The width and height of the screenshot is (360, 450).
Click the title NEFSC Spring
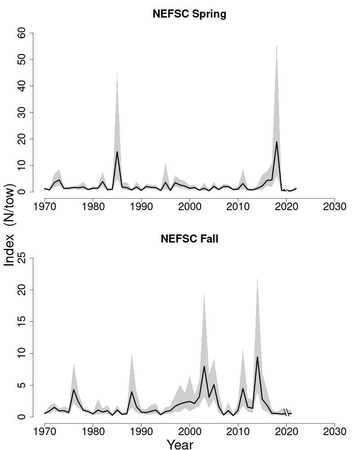coord(189,14)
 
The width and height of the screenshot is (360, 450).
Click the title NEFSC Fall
coord(189,239)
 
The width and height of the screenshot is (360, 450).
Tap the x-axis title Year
coord(180,445)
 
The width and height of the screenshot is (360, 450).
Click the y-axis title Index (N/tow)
coord(10,225)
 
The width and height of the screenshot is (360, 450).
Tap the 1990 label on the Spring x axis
coord(141,207)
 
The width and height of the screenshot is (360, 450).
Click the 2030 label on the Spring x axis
coord(334,207)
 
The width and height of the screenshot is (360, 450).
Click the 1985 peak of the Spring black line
coord(117,152)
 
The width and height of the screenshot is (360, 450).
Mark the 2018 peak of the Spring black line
coord(277,142)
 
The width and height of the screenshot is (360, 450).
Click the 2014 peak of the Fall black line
coord(257,357)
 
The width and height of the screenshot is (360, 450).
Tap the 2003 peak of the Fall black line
coord(204,366)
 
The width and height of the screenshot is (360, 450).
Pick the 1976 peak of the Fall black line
coord(74,390)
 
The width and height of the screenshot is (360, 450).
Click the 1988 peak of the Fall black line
coord(131,391)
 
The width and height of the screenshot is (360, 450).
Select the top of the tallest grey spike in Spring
coord(276,45)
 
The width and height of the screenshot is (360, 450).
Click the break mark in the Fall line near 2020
coord(286,414)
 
